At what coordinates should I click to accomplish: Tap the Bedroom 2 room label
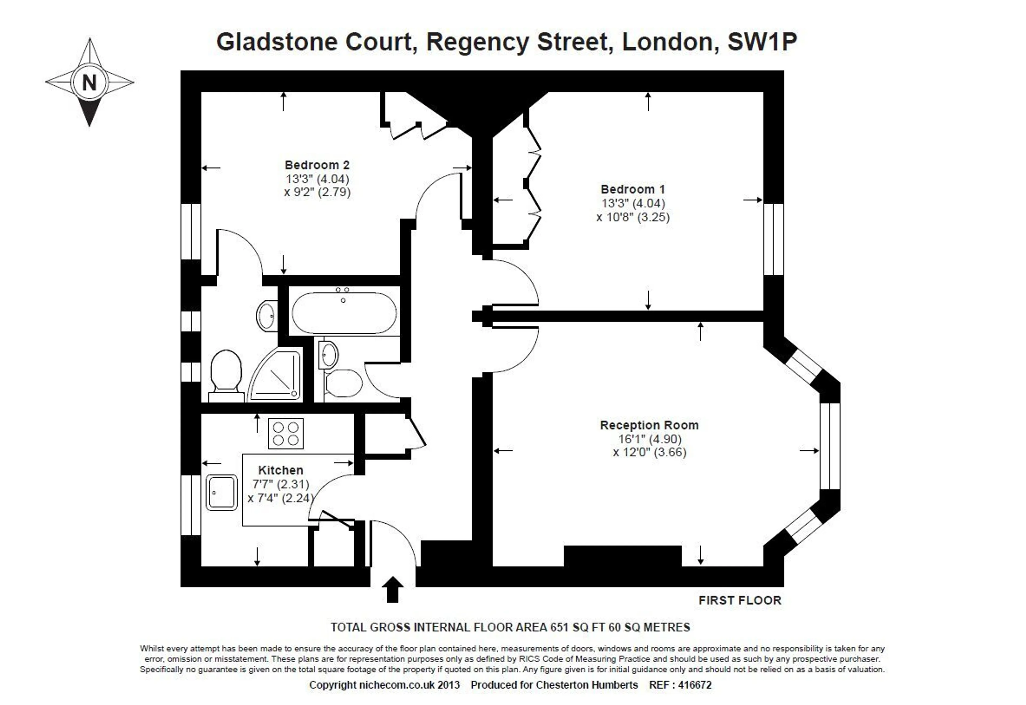pos(317,165)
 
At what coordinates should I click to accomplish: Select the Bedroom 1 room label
pos(632,189)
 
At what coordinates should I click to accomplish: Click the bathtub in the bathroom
pos(344,313)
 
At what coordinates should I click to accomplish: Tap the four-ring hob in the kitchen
pos(286,433)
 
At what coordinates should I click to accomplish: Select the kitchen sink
pos(221,493)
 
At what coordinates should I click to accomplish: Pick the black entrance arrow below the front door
pos(392,589)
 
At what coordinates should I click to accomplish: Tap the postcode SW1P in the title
pos(762,42)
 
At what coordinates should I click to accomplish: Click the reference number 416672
pos(695,685)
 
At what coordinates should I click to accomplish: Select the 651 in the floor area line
pos(559,627)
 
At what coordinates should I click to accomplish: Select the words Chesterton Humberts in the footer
pos(587,685)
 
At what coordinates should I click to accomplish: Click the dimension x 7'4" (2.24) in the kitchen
pos(281,498)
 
